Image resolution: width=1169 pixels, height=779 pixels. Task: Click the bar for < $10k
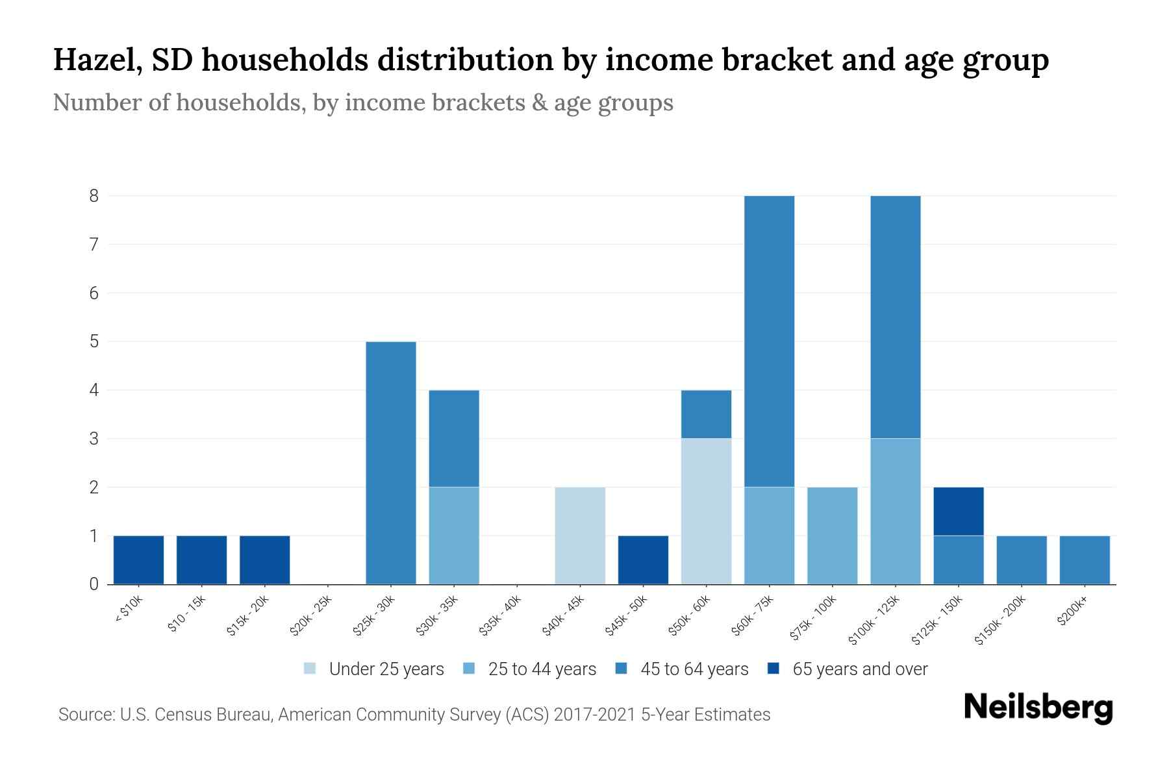pos(138,560)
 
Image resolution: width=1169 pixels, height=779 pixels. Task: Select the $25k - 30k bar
pos(391,462)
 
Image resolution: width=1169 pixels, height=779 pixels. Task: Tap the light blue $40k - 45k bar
pos(580,536)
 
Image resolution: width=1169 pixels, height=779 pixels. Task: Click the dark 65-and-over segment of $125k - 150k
pos(959,511)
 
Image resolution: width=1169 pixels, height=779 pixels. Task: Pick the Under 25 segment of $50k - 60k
pos(706,511)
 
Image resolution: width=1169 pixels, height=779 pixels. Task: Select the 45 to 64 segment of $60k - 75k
pos(769,341)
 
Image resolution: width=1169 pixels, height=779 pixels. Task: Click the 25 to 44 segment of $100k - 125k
pos(896,511)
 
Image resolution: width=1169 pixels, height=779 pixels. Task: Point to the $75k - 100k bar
pos(832,536)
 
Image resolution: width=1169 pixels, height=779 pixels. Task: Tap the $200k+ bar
pos(1085,560)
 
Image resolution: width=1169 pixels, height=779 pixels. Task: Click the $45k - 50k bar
pos(643,560)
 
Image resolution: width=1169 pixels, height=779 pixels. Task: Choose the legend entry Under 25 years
pos(386,669)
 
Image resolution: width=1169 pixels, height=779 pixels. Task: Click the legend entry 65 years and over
pos(860,669)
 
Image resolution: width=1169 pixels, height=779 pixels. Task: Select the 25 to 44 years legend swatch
pos(469,669)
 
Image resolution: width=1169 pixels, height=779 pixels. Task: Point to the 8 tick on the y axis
pos(94,195)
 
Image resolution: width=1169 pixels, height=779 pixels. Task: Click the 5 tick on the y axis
pos(94,341)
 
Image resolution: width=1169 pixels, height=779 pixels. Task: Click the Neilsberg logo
pos(1038,708)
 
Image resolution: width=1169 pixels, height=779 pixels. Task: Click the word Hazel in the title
pos(97,60)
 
